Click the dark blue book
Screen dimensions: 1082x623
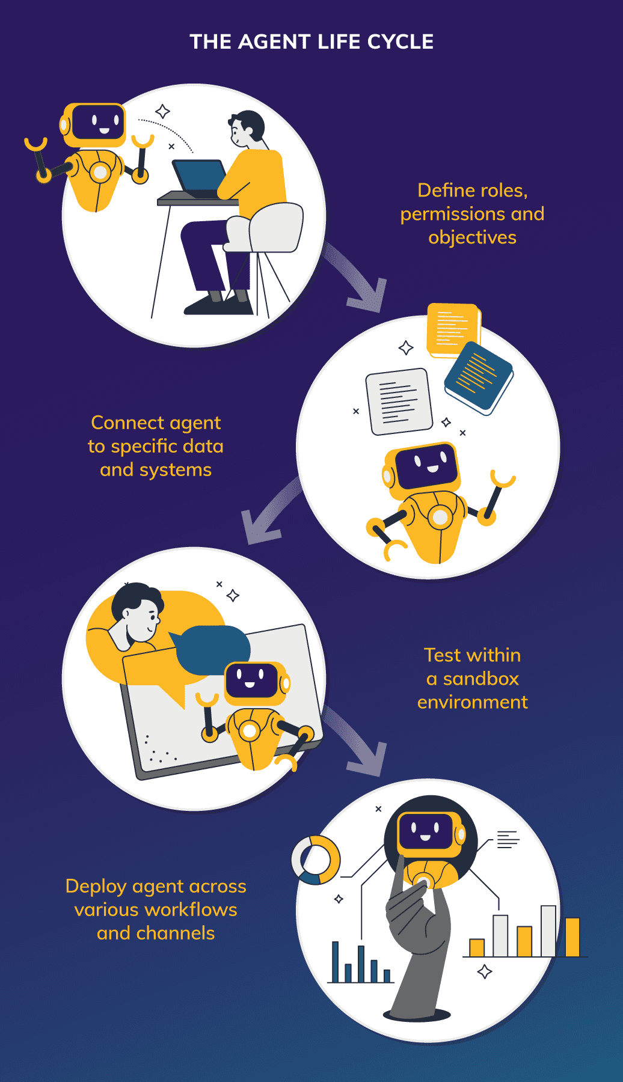(478, 377)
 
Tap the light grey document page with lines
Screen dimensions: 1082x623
(399, 401)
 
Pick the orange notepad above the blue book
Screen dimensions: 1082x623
(452, 329)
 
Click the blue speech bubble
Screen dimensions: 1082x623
(213, 649)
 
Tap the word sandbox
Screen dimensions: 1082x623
(480, 679)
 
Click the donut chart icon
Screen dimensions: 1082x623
(316, 860)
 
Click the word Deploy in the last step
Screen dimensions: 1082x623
(96, 887)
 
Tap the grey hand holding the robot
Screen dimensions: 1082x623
(421, 938)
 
